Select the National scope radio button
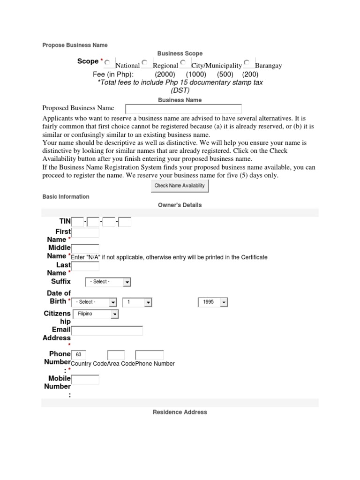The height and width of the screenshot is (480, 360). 108,62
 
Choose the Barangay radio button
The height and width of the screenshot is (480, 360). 247,62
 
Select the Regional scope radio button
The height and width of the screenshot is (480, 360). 145,62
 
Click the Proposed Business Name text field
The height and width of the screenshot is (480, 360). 183,109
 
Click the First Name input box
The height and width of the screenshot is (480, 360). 85,233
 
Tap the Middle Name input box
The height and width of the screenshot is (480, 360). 85,249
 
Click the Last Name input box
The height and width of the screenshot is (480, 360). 85,266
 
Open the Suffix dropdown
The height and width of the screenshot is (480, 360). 108,282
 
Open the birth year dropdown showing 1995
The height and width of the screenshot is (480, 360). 213,302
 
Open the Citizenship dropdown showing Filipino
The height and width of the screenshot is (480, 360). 96,314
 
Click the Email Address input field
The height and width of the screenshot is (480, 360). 107,331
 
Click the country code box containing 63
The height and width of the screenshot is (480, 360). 78,355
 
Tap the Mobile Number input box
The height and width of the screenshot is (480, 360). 85,379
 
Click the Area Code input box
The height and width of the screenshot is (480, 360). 116,355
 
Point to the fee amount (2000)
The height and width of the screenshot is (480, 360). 165,74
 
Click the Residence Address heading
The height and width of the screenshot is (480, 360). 180,412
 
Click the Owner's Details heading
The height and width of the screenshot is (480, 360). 180,205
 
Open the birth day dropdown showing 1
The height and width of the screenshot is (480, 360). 137,302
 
